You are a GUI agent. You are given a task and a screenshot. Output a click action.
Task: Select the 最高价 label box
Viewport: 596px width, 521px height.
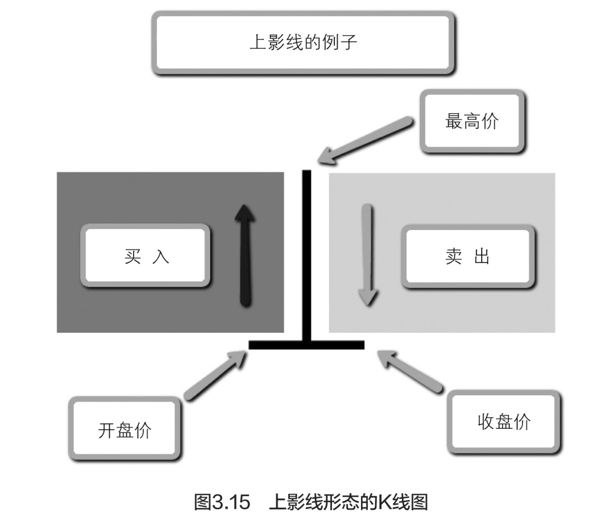click(472, 121)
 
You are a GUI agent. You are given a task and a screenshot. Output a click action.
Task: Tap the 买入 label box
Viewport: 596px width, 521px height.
click(146, 256)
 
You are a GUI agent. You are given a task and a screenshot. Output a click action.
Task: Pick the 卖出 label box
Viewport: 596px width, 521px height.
click(468, 256)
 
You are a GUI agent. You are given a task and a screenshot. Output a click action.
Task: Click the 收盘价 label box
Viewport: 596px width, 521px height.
click(504, 421)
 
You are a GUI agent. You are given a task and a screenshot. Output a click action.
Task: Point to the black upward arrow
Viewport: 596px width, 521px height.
click(245, 255)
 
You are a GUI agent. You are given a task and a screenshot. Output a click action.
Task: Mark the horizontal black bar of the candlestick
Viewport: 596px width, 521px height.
click(306, 345)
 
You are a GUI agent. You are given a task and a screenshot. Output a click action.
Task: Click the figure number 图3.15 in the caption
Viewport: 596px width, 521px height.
click(222, 502)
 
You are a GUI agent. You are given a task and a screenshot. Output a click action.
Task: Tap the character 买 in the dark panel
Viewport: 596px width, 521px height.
click(133, 256)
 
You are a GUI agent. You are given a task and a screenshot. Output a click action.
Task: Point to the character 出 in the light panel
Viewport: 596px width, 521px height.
click(482, 256)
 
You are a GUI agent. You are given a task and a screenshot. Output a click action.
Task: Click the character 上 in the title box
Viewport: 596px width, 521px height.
click(258, 42)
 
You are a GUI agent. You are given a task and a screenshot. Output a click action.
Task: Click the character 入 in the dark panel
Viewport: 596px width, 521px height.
click(161, 256)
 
